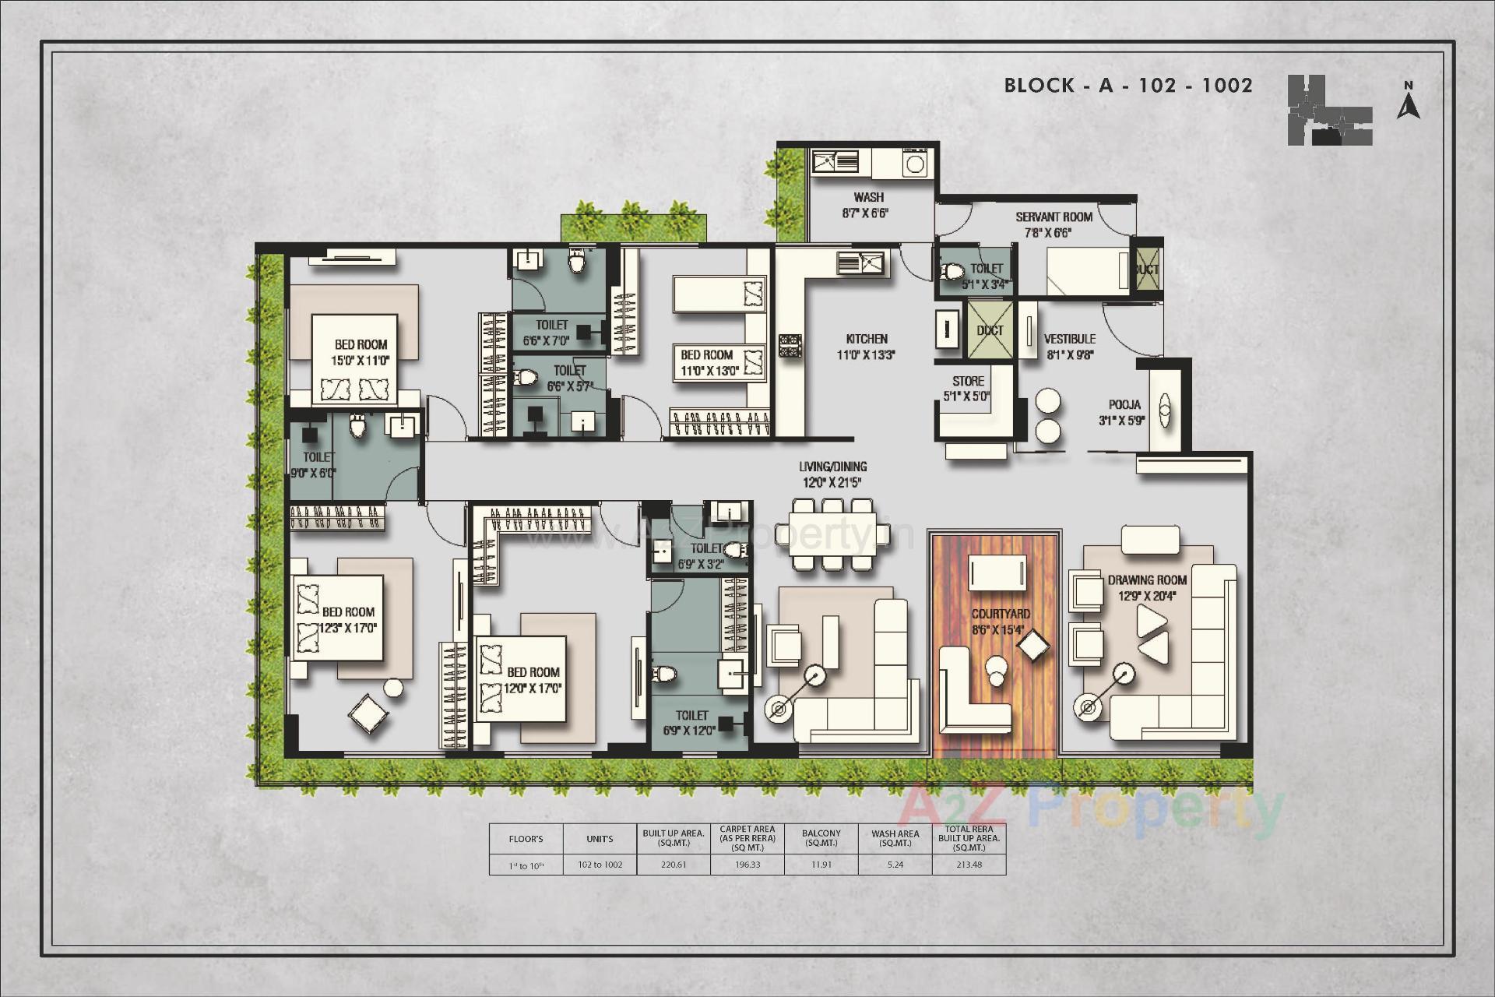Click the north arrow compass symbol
[x=1408, y=102]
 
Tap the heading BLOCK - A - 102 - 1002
[x=1128, y=86]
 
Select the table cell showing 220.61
[x=674, y=865]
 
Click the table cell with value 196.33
[x=747, y=865]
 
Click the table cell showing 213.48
[x=969, y=865]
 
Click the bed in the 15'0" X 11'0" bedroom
[x=355, y=358]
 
